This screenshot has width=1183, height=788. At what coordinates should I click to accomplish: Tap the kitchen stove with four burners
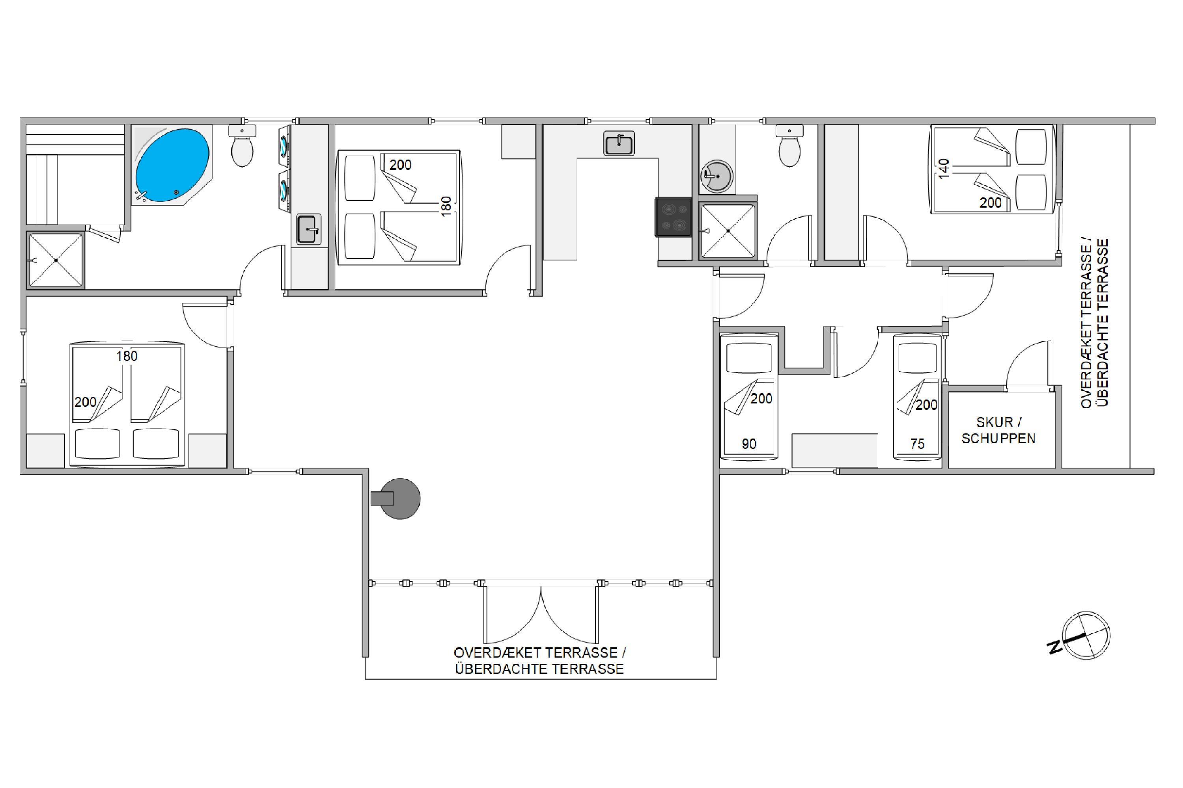pyautogui.click(x=673, y=217)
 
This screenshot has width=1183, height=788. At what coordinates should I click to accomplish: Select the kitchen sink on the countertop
pyautogui.click(x=619, y=143)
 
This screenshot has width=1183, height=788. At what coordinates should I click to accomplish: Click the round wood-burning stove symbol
pyautogui.click(x=396, y=498)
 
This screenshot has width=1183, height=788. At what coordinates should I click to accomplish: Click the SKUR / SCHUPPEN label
pyautogui.click(x=998, y=430)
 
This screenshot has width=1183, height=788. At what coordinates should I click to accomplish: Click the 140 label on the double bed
pyautogui.click(x=944, y=168)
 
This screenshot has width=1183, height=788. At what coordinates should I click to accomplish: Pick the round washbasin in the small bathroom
pyautogui.click(x=717, y=177)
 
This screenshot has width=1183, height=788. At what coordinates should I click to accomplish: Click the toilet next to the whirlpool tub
pyautogui.click(x=242, y=145)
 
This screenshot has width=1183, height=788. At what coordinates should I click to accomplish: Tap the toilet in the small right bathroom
pyautogui.click(x=789, y=145)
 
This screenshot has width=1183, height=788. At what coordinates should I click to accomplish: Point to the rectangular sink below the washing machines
pyautogui.click(x=308, y=230)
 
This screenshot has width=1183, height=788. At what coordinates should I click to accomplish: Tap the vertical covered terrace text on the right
pyautogui.click(x=1095, y=323)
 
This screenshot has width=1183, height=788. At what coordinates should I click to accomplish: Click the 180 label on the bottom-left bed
pyautogui.click(x=127, y=356)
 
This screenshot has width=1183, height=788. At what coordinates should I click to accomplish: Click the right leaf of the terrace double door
pyautogui.click(x=569, y=615)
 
